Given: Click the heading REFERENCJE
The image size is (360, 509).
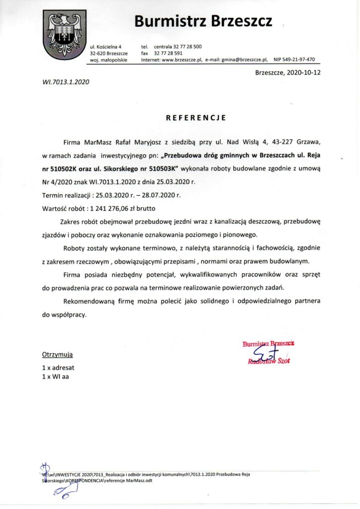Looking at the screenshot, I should (x=196, y=118).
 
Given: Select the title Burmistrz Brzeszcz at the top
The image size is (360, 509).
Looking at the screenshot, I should (x=203, y=21).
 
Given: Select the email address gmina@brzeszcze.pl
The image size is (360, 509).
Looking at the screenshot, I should (x=245, y=59).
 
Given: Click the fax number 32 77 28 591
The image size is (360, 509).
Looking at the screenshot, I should (x=168, y=53).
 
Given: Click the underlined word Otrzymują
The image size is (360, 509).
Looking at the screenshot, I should (x=57, y=355).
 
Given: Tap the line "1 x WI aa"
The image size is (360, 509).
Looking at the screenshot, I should (x=56, y=377).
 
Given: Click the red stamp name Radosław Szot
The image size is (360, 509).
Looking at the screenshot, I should (x=269, y=361).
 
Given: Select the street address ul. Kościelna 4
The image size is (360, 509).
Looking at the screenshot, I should (x=106, y=46).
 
